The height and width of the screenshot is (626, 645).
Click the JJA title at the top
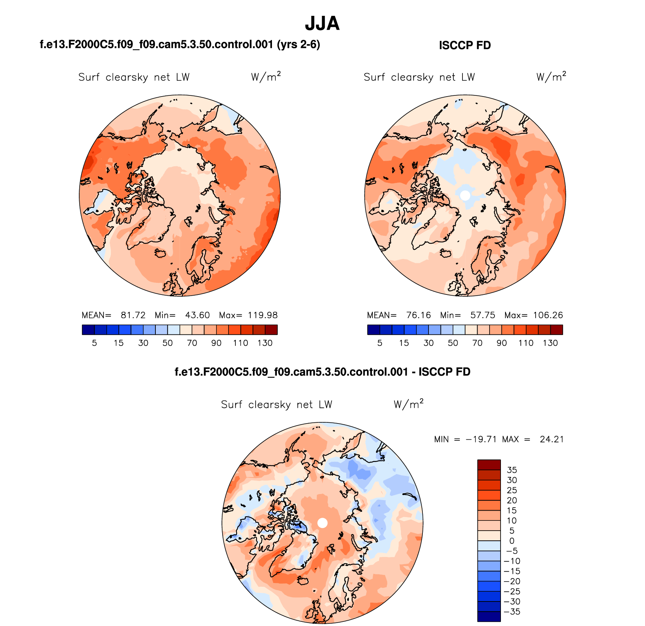[322, 23]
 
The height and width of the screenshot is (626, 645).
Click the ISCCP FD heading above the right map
[465, 45]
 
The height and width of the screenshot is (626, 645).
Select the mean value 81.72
[133, 315]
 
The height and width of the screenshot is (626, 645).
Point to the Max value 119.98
[263, 315]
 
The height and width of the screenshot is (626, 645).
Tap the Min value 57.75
[482, 315]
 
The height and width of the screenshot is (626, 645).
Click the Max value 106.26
[548, 315]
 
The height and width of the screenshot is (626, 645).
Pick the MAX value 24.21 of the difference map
[551, 439]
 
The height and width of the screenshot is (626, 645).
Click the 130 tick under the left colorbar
[265, 343]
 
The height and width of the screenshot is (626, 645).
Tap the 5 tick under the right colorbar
[380, 343]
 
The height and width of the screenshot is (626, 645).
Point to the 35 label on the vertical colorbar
[512, 470]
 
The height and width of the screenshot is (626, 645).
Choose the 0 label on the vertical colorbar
[512, 541]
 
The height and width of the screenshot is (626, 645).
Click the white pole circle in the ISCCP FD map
[465, 195]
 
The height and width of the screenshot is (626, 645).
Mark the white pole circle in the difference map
[322, 523]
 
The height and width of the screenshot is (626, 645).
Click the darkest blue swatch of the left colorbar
[88, 330]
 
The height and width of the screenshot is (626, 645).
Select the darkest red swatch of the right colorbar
[556, 330]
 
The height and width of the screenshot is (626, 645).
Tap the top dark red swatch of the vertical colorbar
[489, 465]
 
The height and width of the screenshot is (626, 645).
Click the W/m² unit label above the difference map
[408, 404]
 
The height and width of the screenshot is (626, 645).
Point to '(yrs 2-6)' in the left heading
[298, 44]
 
